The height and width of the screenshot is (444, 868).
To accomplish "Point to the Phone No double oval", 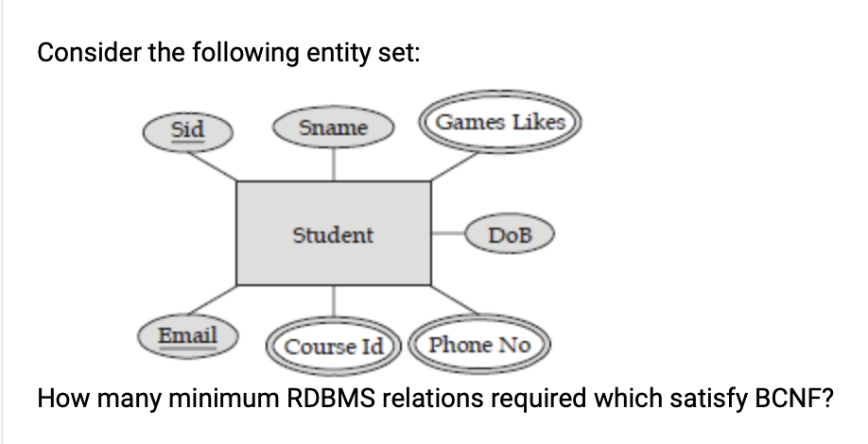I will coord(479,345).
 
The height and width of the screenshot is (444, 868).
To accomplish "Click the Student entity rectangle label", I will coord(333,234).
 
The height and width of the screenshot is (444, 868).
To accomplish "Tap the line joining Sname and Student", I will coord(332,162).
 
